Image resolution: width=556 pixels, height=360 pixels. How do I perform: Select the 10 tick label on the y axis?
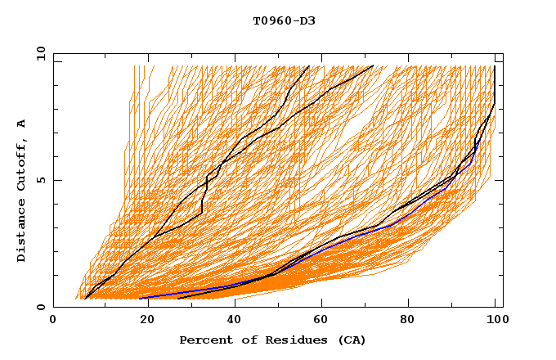point(38,53)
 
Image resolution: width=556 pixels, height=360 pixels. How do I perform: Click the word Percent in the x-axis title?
point(204,340)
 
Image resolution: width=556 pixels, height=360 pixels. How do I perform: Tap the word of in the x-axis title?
point(243,340)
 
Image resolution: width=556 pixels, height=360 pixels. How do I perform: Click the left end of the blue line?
point(140,298)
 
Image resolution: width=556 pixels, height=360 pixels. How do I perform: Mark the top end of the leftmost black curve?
point(308,66)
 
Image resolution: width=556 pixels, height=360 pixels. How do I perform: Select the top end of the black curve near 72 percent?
point(373,65)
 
